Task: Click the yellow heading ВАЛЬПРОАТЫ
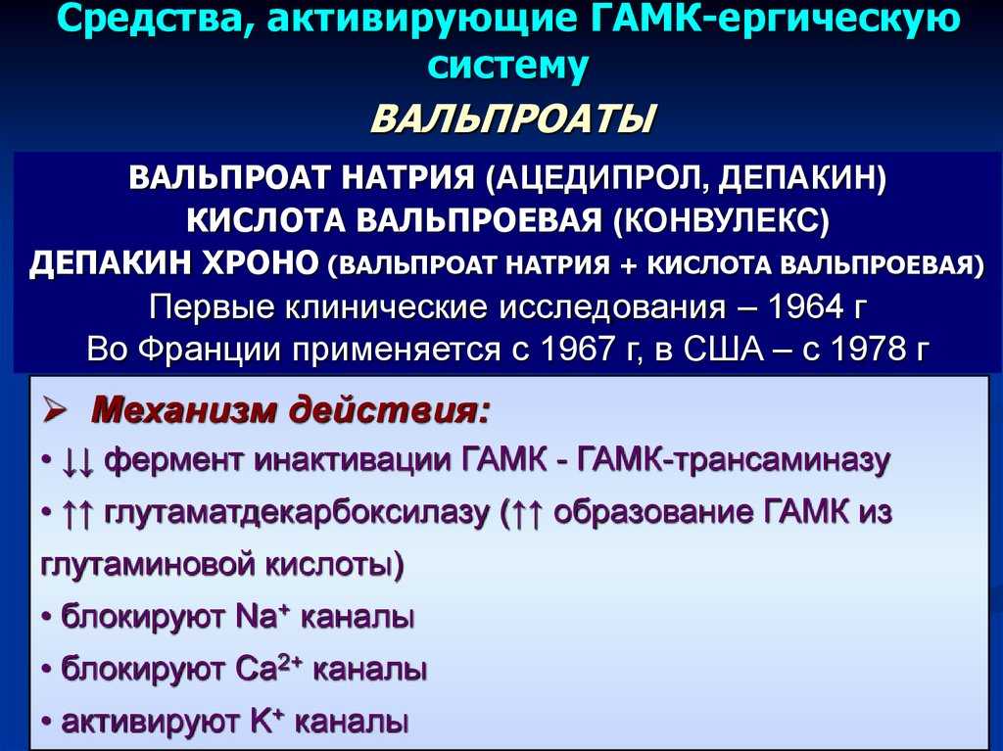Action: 513,118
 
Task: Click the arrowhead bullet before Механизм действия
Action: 56,410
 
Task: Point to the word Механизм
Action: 182,410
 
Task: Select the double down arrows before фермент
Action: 78,462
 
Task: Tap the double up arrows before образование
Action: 527,514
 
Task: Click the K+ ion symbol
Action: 266,722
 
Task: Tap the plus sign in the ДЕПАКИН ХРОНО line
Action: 629,265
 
